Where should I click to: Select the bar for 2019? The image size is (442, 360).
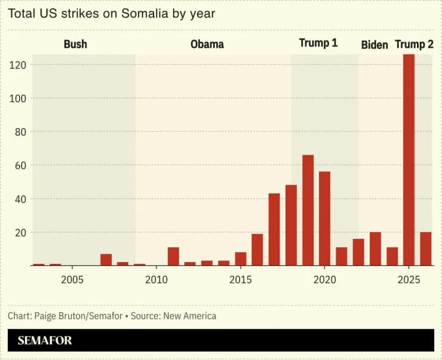click(x=308, y=210)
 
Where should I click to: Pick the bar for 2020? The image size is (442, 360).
click(x=324, y=219)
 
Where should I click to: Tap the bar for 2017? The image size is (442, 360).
click(x=274, y=229)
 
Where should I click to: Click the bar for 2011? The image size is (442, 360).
click(x=173, y=256)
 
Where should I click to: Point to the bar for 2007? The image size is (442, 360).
click(x=106, y=260)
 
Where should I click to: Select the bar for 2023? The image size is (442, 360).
click(x=375, y=249)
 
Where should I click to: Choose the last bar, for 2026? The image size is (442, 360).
click(x=426, y=249)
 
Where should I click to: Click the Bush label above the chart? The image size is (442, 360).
click(x=75, y=44)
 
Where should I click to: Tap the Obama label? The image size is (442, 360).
click(x=207, y=44)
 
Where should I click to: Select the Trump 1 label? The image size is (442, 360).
click(x=318, y=44)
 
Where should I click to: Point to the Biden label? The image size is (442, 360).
click(x=375, y=45)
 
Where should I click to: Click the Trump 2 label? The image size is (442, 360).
click(x=414, y=45)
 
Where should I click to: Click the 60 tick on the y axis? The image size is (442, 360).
click(x=19, y=165)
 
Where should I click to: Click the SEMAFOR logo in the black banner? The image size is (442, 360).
click(x=45, y=341)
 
